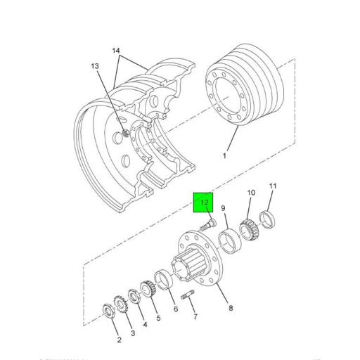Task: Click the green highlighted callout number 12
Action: [204, 203]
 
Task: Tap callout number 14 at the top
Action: [116, 51]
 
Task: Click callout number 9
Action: [223, 209]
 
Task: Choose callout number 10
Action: [250, 193]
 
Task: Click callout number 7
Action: [195, 316]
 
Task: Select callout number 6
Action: [175, 309]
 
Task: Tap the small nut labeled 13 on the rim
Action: [124, 134]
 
